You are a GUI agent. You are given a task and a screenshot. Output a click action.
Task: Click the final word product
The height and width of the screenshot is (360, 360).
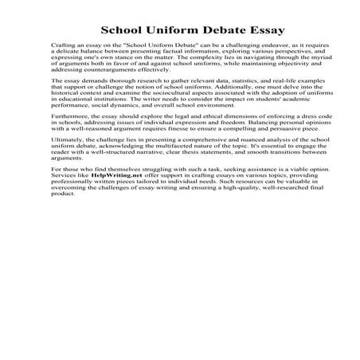click(x=62, y=241)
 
